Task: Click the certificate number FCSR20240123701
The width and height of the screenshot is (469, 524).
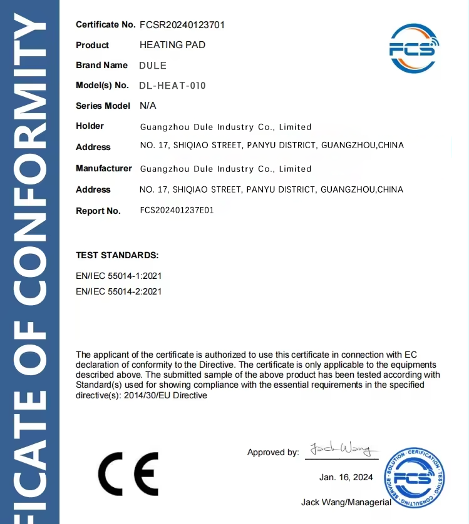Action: (x=182, y=25)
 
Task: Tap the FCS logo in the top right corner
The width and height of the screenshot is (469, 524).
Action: (x=414, y=48)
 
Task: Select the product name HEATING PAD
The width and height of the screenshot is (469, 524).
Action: (x=172, y=45)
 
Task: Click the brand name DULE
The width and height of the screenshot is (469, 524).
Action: (x=153, y=65)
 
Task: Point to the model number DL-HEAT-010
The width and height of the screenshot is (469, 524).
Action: (x=173, y=86)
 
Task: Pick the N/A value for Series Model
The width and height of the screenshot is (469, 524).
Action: (x=148, y=106)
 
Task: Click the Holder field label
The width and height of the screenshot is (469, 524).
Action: (x=90, y=126)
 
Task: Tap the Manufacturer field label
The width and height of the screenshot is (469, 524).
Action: (x=104, y=168)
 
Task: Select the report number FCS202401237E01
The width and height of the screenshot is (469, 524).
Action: (x=177, y=211)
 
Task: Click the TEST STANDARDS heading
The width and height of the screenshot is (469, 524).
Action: (x=117, y=255)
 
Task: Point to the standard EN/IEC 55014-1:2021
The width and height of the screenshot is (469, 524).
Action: (x=119, y=275)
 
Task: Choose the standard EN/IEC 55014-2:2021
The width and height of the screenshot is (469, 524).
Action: (x=119, y=291)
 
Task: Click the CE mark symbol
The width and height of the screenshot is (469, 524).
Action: (x=128, y=473)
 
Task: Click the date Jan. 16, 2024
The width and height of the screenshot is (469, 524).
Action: (x=346, y=477)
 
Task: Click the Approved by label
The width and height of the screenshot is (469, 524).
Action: (x=273, y=452)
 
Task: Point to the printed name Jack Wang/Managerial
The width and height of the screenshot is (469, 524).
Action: (x=346, y=501)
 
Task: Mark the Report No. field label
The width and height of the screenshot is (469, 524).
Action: (x=98, y=211)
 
